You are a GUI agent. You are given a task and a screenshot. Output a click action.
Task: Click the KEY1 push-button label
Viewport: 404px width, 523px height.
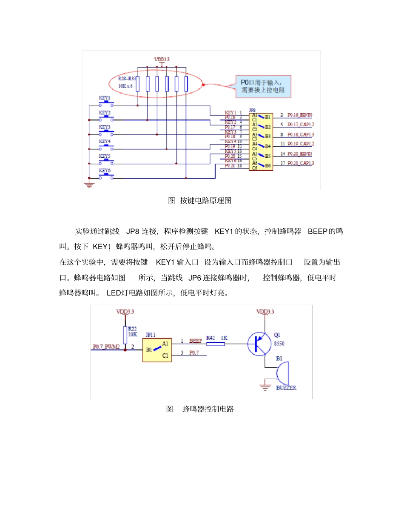105,97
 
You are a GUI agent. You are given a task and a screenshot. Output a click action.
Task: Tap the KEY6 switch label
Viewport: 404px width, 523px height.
105,170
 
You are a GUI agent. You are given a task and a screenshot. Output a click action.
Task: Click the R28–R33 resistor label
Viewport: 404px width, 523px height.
127,79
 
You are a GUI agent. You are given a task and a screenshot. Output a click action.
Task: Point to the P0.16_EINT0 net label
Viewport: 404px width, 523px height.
300,115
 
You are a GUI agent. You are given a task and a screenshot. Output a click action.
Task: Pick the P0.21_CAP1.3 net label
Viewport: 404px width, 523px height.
301,163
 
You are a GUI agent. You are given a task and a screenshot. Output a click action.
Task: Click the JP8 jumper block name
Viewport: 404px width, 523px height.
253,110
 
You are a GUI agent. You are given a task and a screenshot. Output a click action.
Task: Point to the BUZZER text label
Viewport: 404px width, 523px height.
286,388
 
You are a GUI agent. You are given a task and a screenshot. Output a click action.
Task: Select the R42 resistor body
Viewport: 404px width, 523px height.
215,344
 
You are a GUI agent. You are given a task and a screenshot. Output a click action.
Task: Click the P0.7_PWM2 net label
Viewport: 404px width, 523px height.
107,347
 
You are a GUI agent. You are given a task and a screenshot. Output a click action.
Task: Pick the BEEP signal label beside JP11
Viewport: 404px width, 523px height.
195,341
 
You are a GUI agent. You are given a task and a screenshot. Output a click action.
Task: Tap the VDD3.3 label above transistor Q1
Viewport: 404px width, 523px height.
265,311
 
